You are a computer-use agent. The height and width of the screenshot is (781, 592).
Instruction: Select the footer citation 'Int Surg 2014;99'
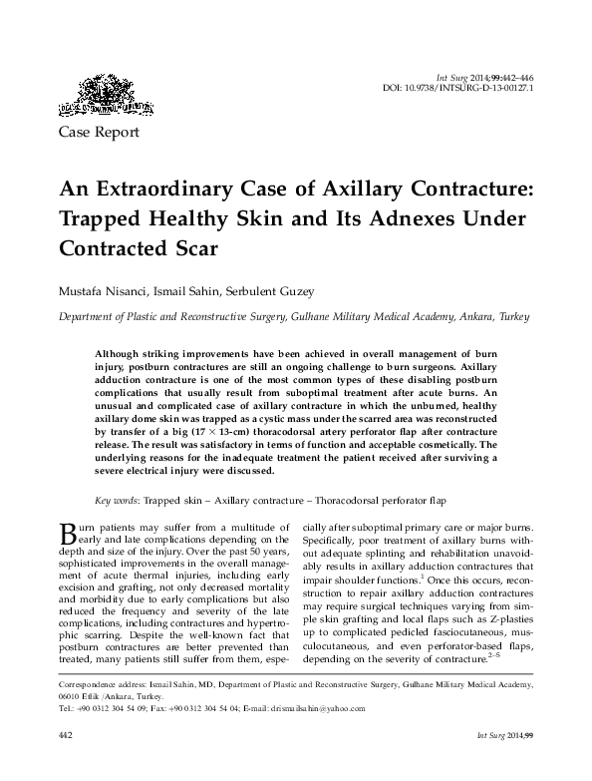(x=503, y=760)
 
